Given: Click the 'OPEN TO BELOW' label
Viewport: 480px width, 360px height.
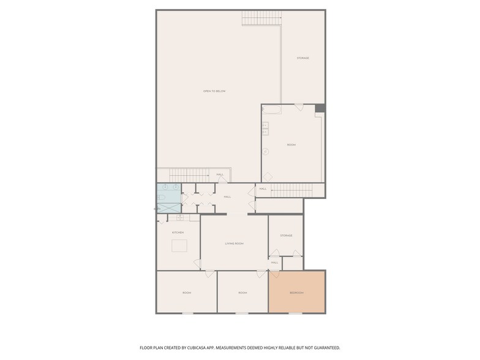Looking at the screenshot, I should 214,91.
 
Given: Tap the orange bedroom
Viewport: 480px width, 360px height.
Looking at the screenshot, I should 297,292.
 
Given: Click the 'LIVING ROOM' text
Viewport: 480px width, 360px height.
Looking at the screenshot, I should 234,244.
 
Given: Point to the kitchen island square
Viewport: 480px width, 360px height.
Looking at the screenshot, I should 179,246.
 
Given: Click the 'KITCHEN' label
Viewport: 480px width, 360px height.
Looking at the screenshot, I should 178,233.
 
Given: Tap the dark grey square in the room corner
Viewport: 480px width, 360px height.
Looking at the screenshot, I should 320,108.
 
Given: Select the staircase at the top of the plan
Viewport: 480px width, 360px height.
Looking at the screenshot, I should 261,18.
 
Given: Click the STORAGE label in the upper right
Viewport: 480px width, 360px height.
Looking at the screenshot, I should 302,58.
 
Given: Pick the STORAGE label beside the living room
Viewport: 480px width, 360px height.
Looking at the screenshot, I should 286,236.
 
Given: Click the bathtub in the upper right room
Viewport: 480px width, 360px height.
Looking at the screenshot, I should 272,110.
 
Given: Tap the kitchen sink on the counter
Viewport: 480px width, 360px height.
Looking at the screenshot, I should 181,217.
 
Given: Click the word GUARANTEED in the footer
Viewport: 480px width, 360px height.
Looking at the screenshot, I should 323,347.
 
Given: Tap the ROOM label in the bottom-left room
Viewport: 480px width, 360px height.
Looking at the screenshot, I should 187,293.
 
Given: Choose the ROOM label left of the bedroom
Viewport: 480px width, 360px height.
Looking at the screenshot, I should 242,293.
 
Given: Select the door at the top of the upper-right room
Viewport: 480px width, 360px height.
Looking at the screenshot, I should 298,107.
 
